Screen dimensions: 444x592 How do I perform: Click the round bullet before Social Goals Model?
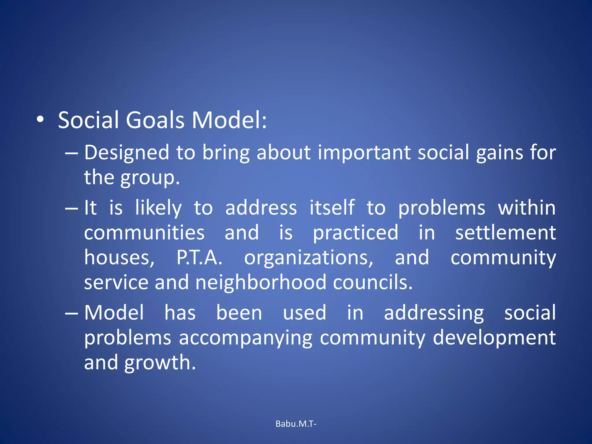click(x=40, y=119)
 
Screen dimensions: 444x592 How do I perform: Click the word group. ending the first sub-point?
click(x=150, y=177)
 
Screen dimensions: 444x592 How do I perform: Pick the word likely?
click(x=158, y=208)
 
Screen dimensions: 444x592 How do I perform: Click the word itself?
click(x=332, y=208)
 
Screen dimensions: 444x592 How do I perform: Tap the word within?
click(x=526, y=208)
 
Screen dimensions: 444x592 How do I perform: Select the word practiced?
click(x=356, y=233)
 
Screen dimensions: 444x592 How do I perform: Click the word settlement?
click(x=505, y=233)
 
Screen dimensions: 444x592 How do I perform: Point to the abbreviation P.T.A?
click(x=199, y=258)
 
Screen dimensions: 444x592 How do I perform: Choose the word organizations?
click(x=309, y=258)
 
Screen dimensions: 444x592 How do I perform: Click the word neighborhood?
click(x=261, y=282)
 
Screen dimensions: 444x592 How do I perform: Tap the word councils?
click(x=373, y=282)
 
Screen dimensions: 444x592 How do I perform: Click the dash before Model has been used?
click(x=71, y=313)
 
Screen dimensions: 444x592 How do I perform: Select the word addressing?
click(x=434, y=313)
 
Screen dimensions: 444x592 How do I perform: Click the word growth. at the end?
click(x=160, y=362)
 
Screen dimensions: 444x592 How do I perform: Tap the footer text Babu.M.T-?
click(x=296, y=424)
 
